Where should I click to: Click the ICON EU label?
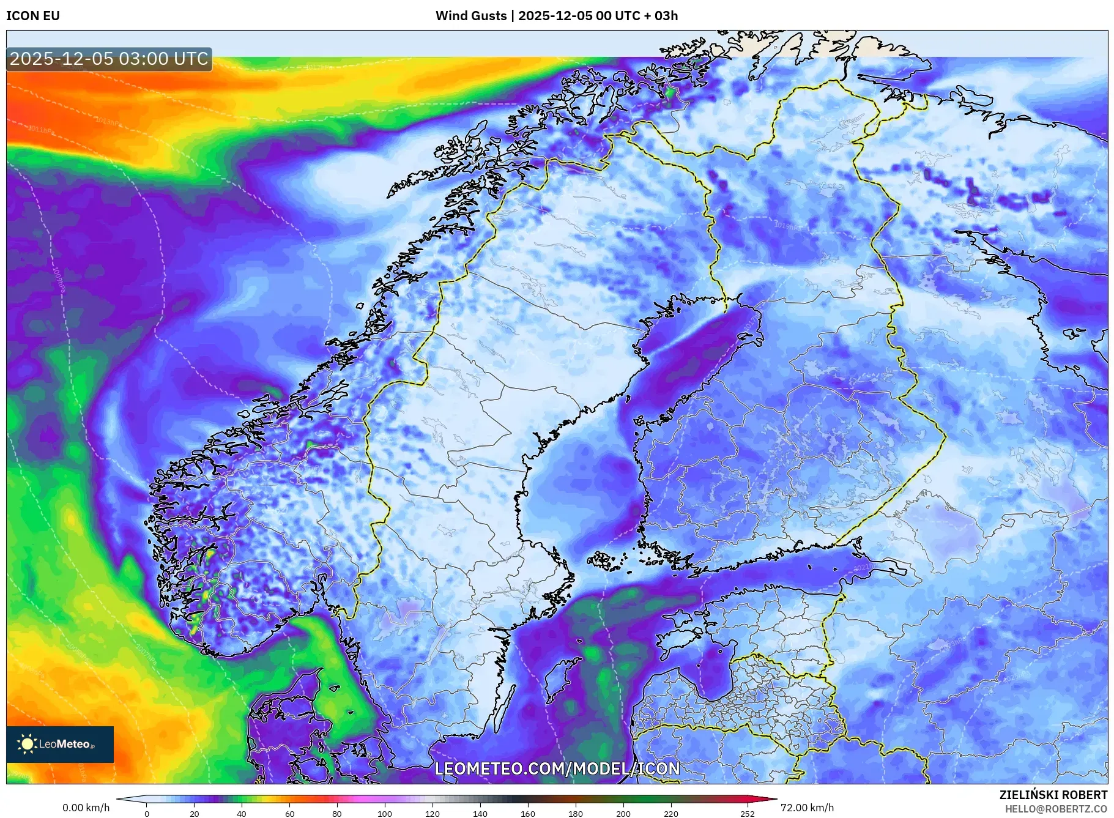click(x=33, y=16)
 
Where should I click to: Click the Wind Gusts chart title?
click(x=556, y=16)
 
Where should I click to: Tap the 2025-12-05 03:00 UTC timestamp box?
click(x=109, y=59)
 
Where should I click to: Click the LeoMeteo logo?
click(x=60, y=744)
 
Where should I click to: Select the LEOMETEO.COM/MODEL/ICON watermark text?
click(x=557, y=768)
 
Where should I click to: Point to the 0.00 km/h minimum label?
click(x=86, y=808)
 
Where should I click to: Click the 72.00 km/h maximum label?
click(x=807, y=808)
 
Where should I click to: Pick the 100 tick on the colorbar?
click(x=385, y=814)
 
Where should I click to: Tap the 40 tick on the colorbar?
click(x=242, y=814)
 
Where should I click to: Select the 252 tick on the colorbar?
click(x=748, y=814)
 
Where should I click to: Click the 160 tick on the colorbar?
click(x=528, y=814)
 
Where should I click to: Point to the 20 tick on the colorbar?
click(x=195, y=814)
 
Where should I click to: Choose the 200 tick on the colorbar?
click(x=623, y=814)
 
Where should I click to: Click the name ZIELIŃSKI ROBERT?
click(x=1053, y=795)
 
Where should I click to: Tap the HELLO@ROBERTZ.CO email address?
click(x=1056, y=809)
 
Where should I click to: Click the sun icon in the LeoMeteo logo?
click(x=27, y=744)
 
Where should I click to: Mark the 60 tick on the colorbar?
click(x=289, y=814)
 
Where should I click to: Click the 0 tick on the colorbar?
click(x=147, y=814)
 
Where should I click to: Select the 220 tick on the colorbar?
click(x=671, y=814)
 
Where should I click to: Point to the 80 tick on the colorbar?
click(x=337, y=814)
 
